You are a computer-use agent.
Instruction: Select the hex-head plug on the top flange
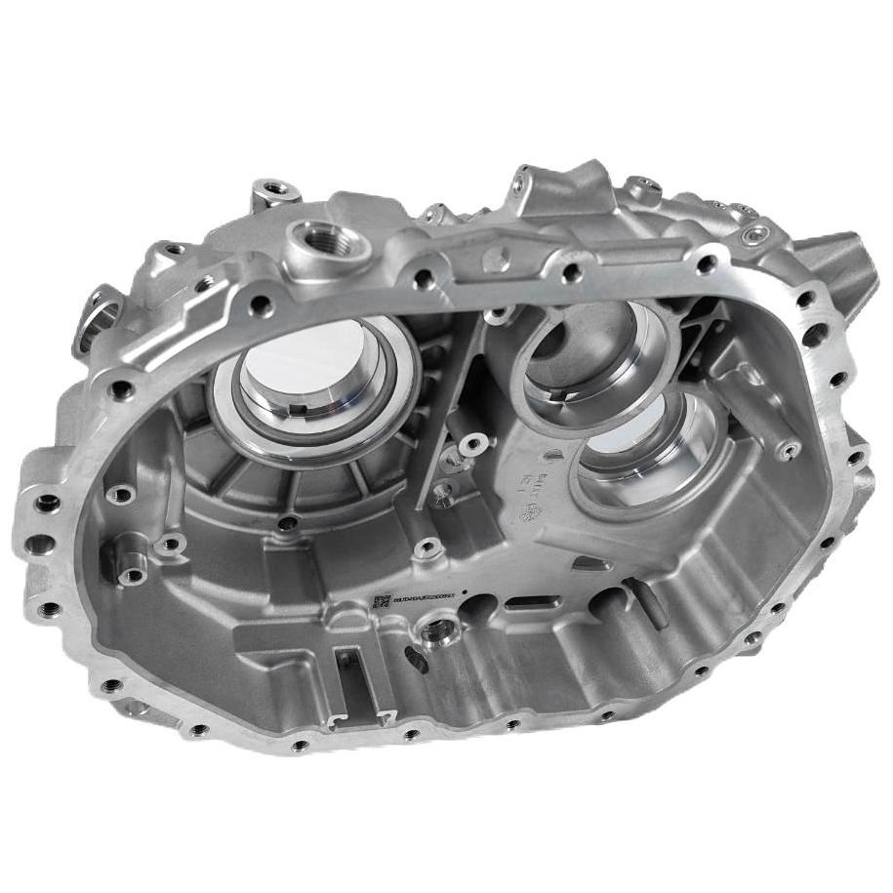[x=754, y=233]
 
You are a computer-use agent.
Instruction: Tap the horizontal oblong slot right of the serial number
[x=535, y=602]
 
